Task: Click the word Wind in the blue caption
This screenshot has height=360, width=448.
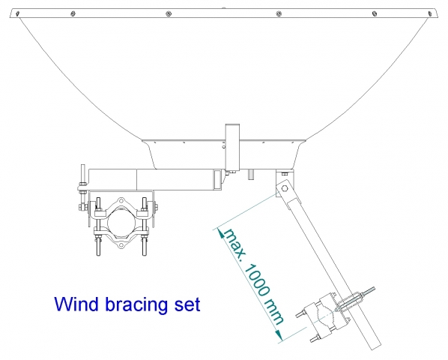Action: [x=76, y=304]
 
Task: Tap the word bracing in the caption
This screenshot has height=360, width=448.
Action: [x=137, y=305]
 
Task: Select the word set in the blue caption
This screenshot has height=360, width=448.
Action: [x=188, y=304]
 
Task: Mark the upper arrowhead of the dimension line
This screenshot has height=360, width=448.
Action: [x=220, y=232]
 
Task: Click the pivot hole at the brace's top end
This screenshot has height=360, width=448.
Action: [x=284, y=188]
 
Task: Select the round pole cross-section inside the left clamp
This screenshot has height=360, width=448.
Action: [x=121, y=221]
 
